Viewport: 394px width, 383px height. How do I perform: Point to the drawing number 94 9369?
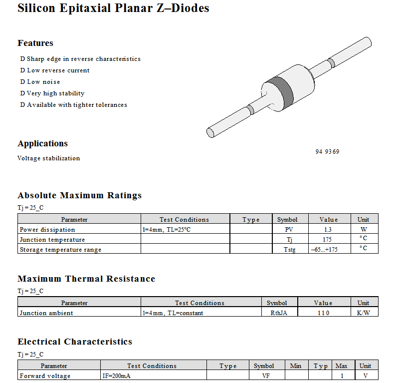[x=327, y=151]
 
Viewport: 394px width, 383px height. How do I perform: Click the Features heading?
[x=35, y=43]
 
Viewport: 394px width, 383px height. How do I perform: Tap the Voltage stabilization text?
[x=48, y=158]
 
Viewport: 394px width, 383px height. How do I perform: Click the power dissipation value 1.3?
[x=327, y=230]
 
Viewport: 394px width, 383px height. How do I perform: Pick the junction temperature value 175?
[x=327, y=240]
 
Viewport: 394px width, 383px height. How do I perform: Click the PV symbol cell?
[x=289, y=230]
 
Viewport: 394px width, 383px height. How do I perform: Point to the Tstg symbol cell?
[x=289, y=250]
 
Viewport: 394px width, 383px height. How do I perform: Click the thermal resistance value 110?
[x=323, y=313]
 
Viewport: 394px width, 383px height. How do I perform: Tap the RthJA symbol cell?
[x=279, y=313]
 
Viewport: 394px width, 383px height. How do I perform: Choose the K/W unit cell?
[x=364, y=313]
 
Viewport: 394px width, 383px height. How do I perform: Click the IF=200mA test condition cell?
[x=117, y=376]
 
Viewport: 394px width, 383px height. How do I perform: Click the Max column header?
[x=341, y=366]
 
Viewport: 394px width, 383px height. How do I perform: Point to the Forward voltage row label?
[x=45, y=376]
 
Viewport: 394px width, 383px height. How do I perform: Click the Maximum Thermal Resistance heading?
[x=86, y=279]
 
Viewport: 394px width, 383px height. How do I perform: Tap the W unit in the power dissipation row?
[x=364, y=230]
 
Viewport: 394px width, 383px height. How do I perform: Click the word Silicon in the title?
[x=36, y=8]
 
